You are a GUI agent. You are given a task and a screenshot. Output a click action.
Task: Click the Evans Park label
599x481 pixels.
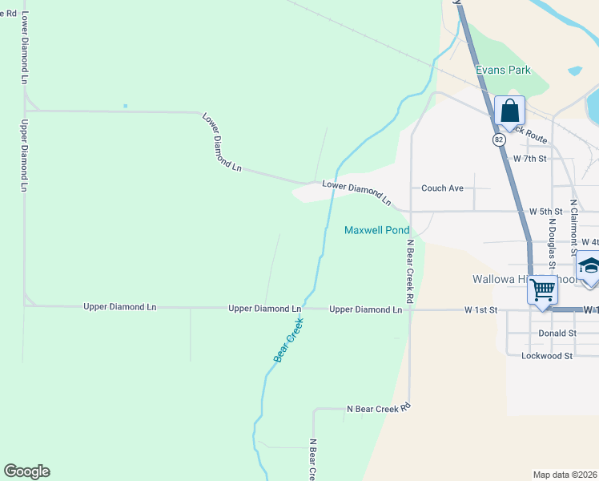point(503,70)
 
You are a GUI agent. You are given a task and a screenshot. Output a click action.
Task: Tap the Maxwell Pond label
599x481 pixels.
point(376,230)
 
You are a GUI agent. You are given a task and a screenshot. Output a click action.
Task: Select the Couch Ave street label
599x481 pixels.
point(443,188)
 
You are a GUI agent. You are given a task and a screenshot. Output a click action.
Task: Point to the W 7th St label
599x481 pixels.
point(529,159)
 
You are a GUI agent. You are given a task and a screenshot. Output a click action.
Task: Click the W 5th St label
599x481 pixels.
point(546,212)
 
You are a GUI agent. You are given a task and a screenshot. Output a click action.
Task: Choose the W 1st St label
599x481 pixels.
point(481,309)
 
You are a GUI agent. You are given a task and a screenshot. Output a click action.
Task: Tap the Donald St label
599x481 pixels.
point(557,333)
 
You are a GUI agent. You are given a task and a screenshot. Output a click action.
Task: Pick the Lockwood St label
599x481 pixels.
point(547,355)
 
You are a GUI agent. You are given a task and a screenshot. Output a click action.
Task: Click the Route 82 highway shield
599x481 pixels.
point(499,139)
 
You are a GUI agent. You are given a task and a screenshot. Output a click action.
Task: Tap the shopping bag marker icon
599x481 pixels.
point(509,111)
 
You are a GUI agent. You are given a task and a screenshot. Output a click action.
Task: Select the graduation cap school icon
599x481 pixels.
point(589,267)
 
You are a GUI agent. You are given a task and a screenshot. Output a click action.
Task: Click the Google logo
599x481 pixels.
point(26,471)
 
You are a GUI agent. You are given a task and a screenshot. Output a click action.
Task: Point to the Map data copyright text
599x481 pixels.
point(565,475)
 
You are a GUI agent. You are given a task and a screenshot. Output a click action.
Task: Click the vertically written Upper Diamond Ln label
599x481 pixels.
point(24,156)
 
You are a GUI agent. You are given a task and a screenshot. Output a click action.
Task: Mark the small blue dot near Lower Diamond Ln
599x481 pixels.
point(126,106)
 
